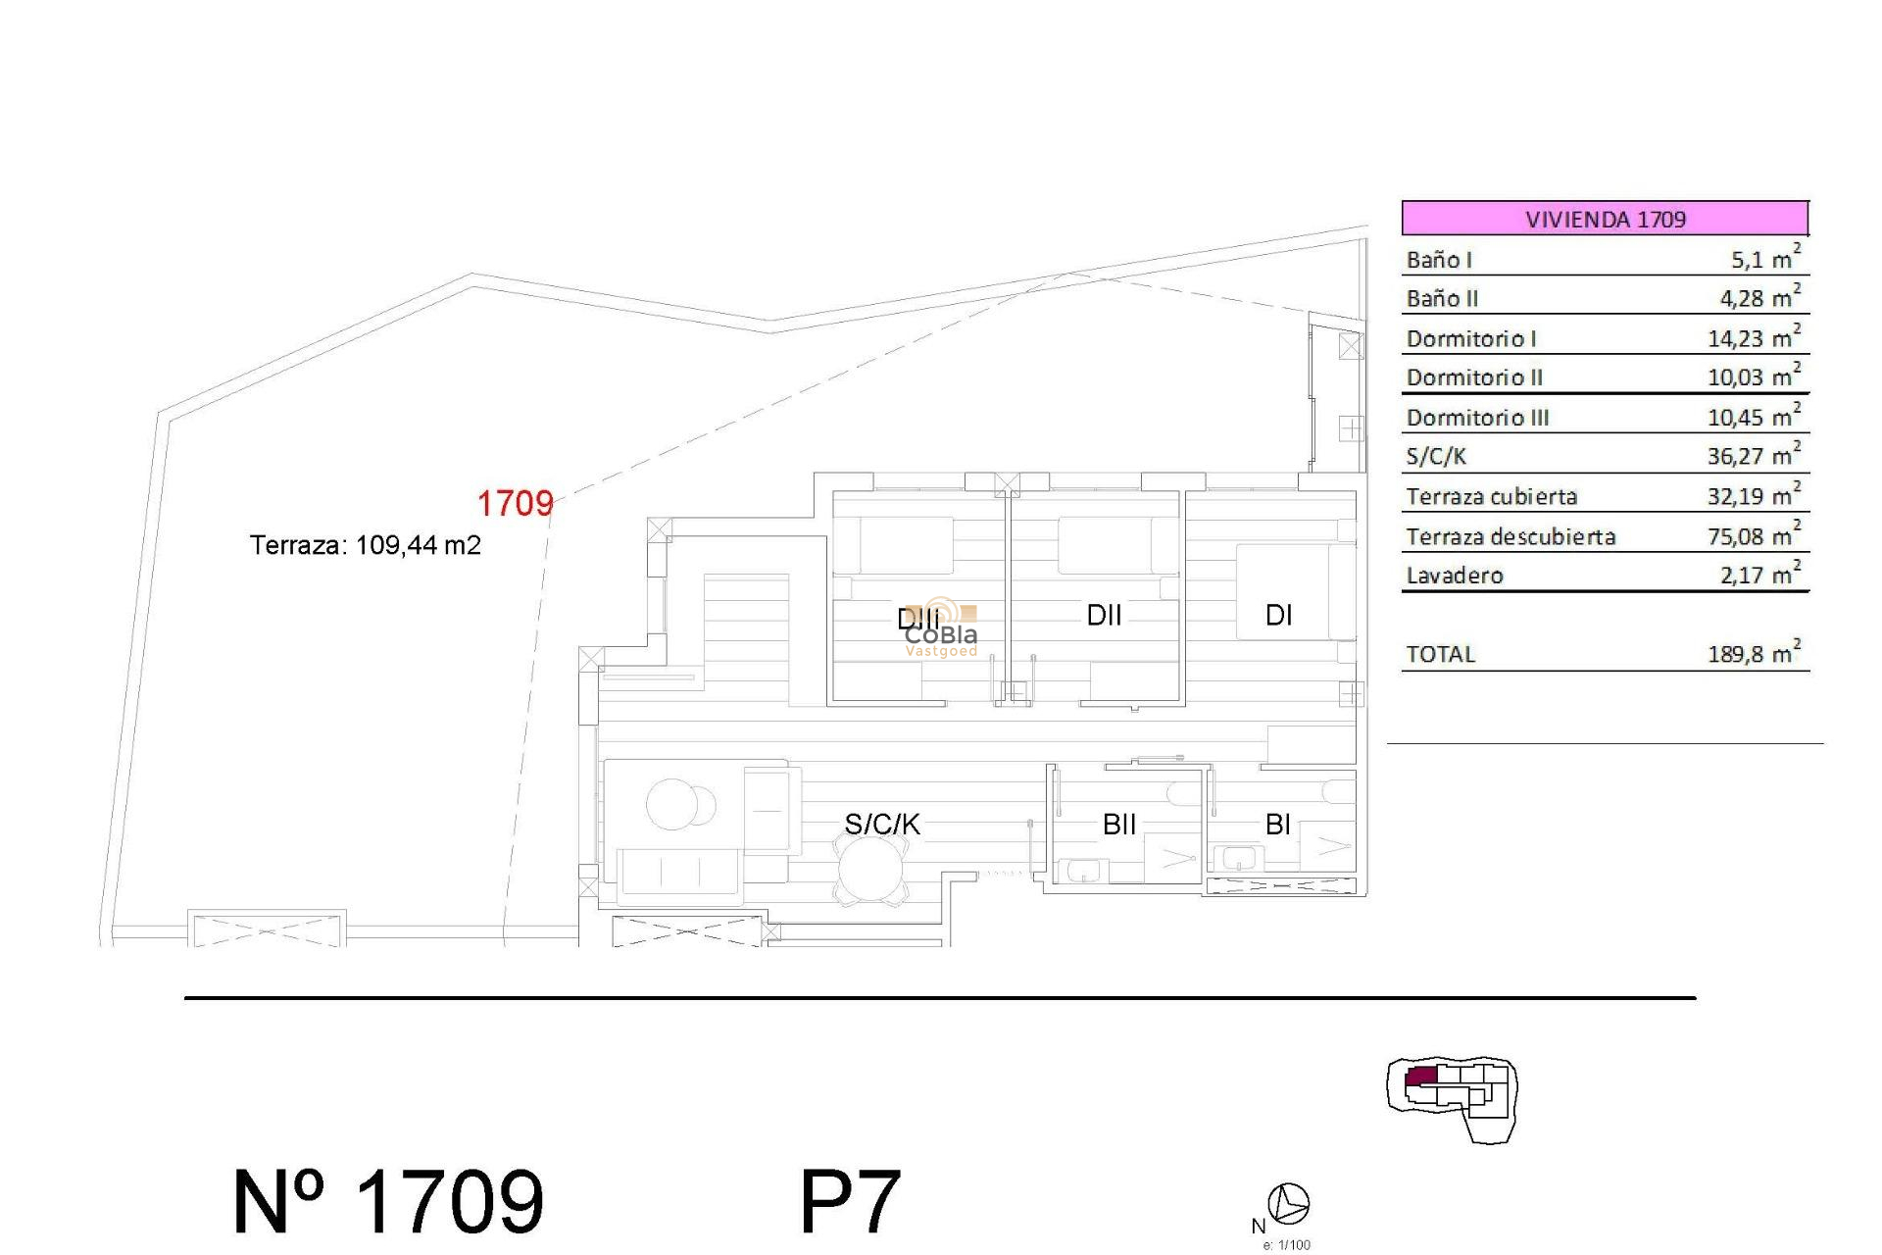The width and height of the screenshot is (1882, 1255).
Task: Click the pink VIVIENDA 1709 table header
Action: click(x=1605, y=218)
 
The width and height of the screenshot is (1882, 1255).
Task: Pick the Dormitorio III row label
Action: click(x=1477, y=418)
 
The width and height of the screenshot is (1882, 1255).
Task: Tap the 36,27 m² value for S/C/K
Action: click(x=1754, y=456)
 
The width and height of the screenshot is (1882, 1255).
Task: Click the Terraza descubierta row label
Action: click(x=1511, y=536)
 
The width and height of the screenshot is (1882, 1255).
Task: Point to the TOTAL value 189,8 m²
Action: click(x=1754, y=654)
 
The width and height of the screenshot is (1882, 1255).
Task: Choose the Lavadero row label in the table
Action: click(x=1455, y=576)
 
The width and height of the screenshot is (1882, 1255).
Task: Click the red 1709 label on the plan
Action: click(x=515, y=504)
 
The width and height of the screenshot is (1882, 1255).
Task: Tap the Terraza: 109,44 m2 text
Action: click(x=365, y=545)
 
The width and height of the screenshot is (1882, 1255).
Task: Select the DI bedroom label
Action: click(x=1278, y=615)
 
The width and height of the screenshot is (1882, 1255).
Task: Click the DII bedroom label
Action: click(x=1104, y=615)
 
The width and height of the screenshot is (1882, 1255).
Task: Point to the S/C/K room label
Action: click(x=882, y=825)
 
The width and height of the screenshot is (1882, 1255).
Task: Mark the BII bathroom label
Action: click(x=1119, y=825)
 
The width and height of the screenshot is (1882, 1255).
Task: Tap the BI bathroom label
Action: click(x=1277, y=825)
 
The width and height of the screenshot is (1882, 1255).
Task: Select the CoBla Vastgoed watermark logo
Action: click(x=940, y=628)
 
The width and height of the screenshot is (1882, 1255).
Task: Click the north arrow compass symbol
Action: click(x=1288, y=1204)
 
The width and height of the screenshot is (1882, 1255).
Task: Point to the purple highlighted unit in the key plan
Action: click(x=1420, y=1078)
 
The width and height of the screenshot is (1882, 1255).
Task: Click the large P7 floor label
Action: click(x=849, y=1202)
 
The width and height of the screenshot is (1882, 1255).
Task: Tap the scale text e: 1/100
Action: click(x=1286, y=1245)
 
